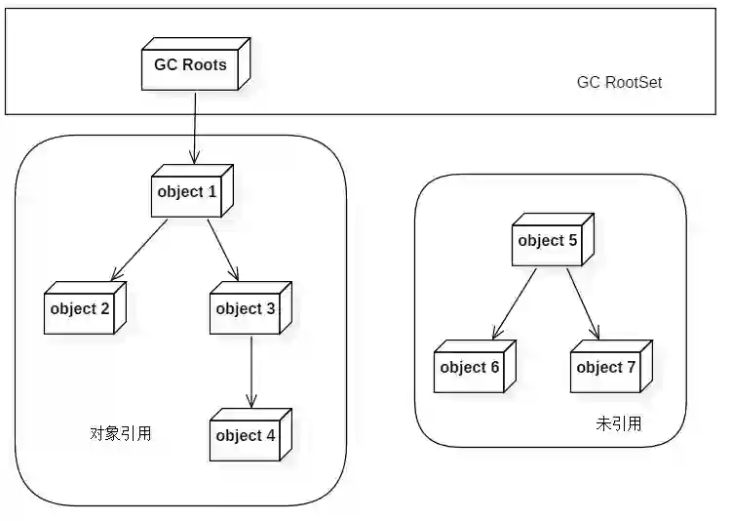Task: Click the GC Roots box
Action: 190,65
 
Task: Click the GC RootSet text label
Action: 619,83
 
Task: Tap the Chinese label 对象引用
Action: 120,433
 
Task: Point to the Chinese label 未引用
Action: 619,423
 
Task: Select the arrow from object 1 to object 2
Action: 139,248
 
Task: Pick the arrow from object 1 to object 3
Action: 223,248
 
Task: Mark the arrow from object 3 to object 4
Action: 251,371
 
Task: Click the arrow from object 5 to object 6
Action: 514,302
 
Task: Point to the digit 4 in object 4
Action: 270,436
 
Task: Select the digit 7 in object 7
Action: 631,368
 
